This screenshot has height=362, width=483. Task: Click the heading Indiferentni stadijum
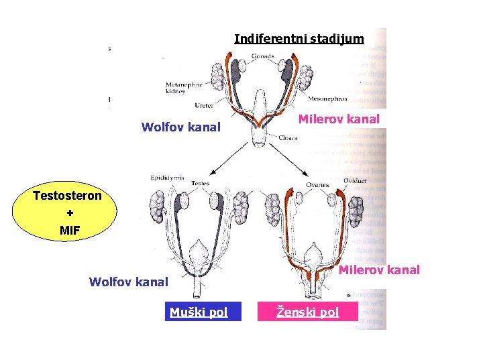click(x=299, y=39)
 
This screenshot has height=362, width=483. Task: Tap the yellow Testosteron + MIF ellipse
click(x=67, y=213)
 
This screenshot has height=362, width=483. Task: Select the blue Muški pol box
click(x=199, y=312)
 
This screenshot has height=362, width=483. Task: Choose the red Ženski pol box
click(x=309, y=312)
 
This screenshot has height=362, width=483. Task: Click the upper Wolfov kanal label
click(x=181, y=127)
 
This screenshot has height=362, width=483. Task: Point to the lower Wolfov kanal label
click(x=129, y=282)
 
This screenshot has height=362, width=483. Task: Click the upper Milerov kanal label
click(x=339, y=119)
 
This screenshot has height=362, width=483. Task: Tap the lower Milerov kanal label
click(x=379, y=270)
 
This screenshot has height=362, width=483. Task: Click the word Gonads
click(x=262, y=56)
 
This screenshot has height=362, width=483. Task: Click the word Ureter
click(x=204, y=105)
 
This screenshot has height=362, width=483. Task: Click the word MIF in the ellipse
click(x=67, y=231)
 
